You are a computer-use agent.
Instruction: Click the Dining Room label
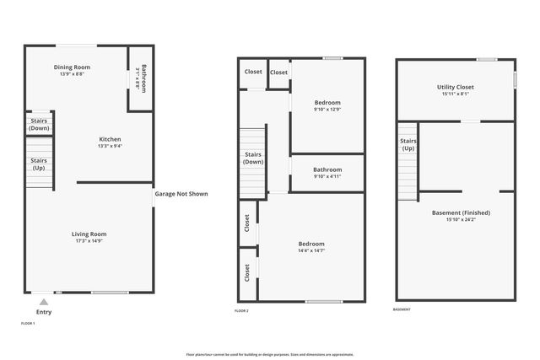[72, 67]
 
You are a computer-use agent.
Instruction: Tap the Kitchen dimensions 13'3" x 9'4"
[111, 146]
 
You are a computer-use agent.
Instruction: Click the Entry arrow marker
[44, 301]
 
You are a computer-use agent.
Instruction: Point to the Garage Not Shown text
[181, 194]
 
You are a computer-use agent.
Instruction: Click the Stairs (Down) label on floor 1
[39, 125]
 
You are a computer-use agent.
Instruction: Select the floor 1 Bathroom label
[144, 78]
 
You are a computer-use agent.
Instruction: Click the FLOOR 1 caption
[28, 323]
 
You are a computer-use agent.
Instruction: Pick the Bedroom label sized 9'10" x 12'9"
[327, 102]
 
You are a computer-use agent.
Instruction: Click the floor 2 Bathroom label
[327, 169]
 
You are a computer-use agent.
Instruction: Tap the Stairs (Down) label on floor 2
[252, 159]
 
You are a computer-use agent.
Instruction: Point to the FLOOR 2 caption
[241, 311]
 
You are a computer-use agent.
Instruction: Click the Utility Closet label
[456, 87]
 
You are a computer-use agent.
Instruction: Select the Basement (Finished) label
[461, 212]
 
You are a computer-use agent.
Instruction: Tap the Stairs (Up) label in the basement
[408, 144]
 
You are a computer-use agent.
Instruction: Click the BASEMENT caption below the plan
[402, 309]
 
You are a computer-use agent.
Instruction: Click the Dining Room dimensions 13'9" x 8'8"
[72, 74]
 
